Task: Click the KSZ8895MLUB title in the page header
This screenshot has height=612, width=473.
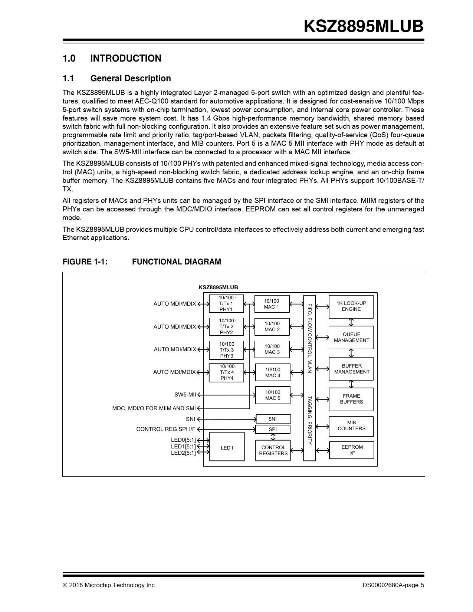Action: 363,26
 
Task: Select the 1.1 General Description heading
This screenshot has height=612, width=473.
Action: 116,78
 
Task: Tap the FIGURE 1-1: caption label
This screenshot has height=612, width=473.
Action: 85,262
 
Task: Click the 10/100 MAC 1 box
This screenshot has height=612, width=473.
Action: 272,304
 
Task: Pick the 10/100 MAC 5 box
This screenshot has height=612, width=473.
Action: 273,395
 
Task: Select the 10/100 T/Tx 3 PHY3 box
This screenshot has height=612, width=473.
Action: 226,350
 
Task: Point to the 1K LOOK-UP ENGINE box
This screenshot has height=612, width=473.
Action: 351,306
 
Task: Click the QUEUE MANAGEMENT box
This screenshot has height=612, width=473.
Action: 351,338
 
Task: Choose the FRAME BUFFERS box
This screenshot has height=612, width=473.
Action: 351,399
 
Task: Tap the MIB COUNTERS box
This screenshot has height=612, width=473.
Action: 351,426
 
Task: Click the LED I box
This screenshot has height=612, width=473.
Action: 227,448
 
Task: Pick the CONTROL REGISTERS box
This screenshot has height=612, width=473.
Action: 273,450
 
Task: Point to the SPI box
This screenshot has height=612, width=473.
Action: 273,429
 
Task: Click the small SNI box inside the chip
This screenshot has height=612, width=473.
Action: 273,419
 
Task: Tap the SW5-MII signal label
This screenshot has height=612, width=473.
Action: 185,395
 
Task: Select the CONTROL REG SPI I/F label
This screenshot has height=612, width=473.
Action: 165,429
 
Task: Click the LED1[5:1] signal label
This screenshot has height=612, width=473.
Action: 183,446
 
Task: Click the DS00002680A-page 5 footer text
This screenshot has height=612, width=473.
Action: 393,585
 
